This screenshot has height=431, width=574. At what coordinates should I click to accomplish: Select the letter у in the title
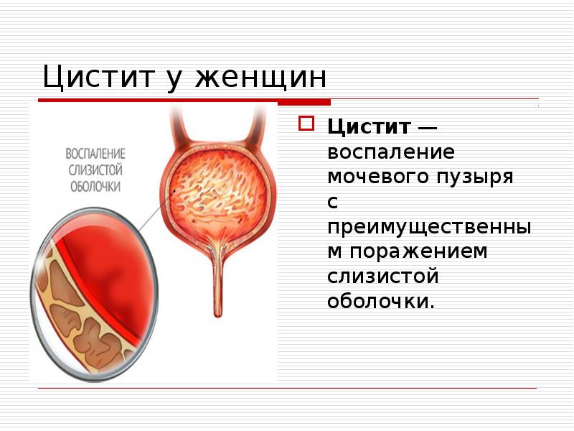pos(175,80)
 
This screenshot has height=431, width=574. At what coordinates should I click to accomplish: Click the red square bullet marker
pos(306,124)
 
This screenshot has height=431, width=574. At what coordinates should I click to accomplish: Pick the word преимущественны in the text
pos(429,227)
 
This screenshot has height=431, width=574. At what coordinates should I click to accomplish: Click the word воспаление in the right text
pos(391,152)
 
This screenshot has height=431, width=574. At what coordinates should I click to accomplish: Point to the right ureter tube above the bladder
pos(253,129)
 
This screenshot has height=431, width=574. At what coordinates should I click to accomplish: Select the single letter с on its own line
pos(332,202)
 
